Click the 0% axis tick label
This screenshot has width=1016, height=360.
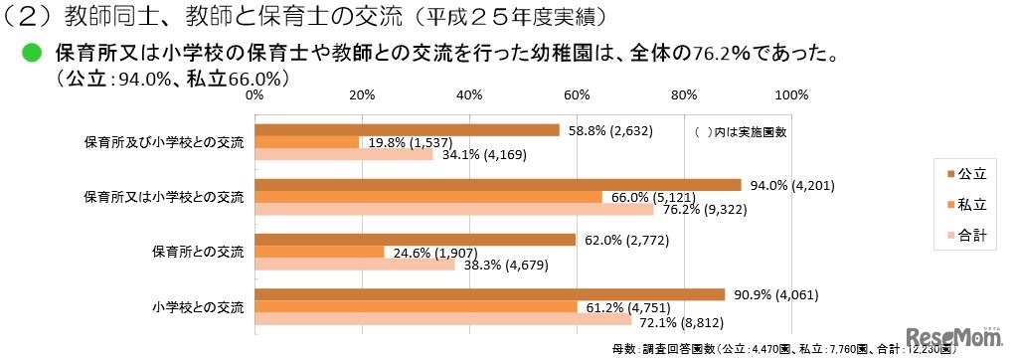click(254, 95)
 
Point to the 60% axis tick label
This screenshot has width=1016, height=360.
click(577, 95)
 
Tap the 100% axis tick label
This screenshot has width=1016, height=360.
click(790, 95)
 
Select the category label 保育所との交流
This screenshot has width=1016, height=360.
click(197, 251)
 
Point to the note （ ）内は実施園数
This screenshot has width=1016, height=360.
click(738, 132)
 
